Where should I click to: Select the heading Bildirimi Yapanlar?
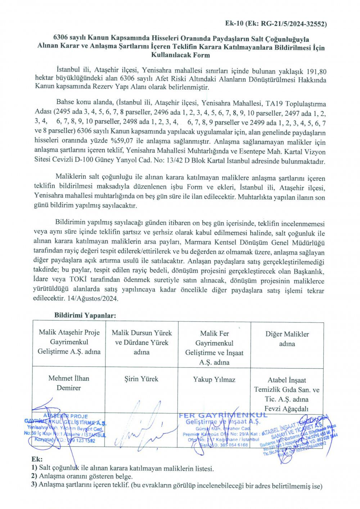click(x=85, y=315)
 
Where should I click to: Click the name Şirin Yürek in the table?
click(x=141, y=379)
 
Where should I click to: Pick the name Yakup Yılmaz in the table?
click(x=214, y=379)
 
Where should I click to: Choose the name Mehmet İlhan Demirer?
click(x=69, y=383)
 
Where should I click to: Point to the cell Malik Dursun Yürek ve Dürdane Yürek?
click(x=141, y=342)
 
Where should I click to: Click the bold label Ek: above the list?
click(x=37, y=460)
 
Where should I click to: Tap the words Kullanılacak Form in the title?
click(x=181, y=55)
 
